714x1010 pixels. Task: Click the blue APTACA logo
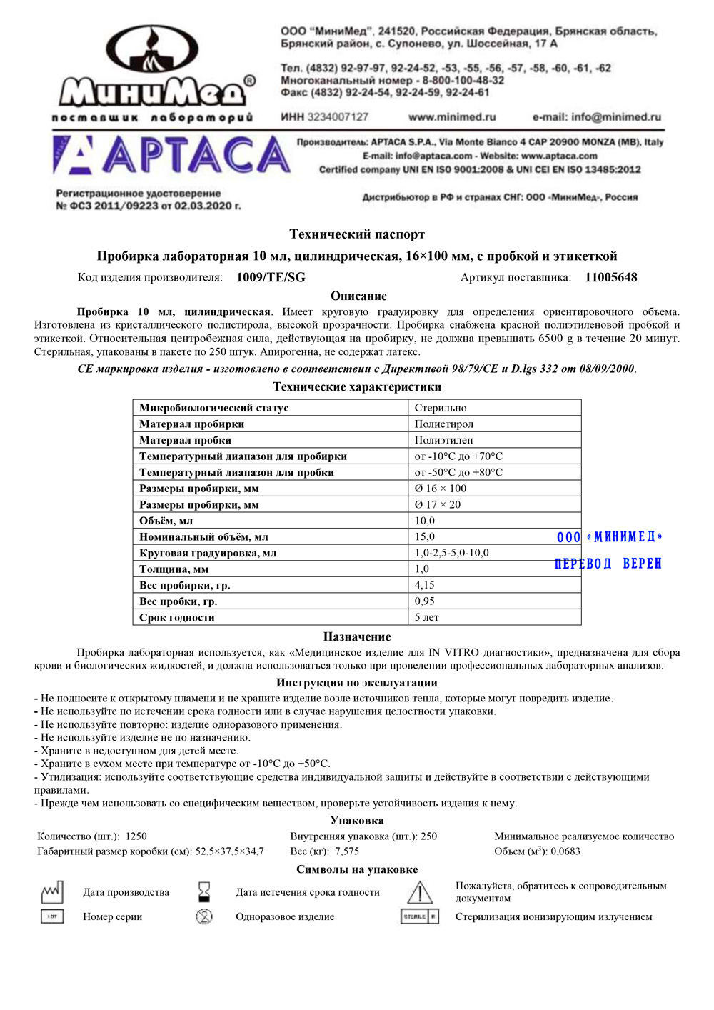[171, 156]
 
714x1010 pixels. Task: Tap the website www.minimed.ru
[452, 117]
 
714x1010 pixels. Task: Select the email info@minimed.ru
[597, 117]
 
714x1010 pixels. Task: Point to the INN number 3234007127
[325, 117]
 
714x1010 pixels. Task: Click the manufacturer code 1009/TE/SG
[271, 278]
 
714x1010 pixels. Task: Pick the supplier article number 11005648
[610, 278]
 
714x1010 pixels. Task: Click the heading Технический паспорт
[357, 234]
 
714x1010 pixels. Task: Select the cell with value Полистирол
[443, 424]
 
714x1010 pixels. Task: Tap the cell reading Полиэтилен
[443, 440]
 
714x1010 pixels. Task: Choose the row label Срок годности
[177, 618]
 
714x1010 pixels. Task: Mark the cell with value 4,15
[425, 585]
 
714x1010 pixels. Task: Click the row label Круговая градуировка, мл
[208, 553]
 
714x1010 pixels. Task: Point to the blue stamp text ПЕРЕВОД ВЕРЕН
[608, 564]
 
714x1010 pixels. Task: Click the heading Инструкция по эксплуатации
[357, 683]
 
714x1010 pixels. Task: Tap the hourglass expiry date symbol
[204, 892]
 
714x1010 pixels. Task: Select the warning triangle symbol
[420, 893]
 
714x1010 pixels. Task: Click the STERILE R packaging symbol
[420, 917]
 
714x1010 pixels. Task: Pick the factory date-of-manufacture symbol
[52, 892]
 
